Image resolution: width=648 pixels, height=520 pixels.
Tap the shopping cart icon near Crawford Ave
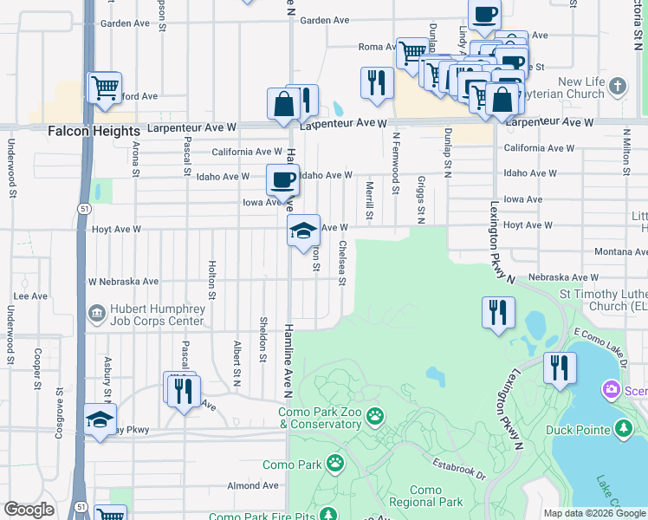point(105,87)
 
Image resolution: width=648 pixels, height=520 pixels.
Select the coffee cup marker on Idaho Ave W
point(282,180)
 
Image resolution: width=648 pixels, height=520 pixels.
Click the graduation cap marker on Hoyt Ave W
point(303,231)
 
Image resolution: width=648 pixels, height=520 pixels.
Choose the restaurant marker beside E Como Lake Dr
point(560,367)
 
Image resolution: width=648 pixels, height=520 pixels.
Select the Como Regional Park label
point(425,496)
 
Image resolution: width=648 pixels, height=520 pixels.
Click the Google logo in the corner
point(29,510)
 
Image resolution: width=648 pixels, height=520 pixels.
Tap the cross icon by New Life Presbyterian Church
point(617,87)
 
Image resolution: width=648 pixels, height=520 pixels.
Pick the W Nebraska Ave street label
point(124,282)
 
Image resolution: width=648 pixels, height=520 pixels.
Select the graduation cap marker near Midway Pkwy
point(100,420)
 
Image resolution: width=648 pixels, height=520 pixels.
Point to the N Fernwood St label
point(396,157)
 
